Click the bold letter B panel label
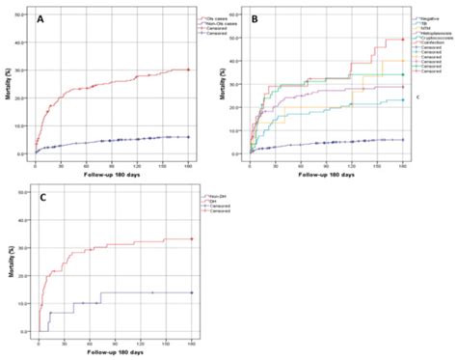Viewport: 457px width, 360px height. pos(255,18)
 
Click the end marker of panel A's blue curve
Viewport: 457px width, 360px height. pos(188,137)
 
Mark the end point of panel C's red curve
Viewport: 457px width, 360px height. pos(192,238)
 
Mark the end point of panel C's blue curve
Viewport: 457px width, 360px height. pos(192,292)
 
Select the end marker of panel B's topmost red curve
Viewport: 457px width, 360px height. pos(402,40)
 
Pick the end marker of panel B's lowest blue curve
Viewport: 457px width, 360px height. pos(402,140)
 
